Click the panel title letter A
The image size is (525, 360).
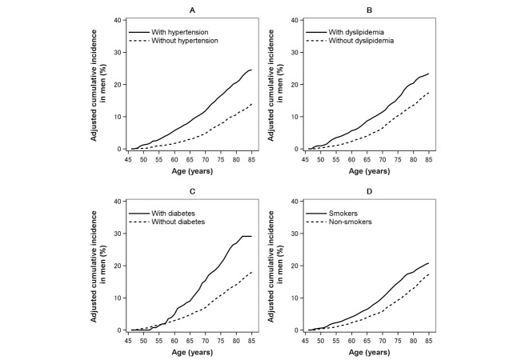pyautogui.click(x=192, y=10)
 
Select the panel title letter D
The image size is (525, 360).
pyautogui.click(x=369, y=191)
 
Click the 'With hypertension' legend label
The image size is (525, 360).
pyautogui.click(x=180, y=32)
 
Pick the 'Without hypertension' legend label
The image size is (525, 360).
pyautogui.click(x=185, y=41)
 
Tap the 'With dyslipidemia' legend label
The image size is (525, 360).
pyautogui.click(x=356, y=32)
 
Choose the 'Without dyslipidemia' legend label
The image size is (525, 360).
pyautogui.click(x=361, y=41)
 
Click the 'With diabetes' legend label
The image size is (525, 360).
pyautogui.click(x=174, y=213)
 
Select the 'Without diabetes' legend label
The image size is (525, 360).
pyautogui.click(x=178, y=222)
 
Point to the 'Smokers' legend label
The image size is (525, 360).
pyautogui.click(x=343, y=213)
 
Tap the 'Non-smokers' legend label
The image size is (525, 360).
pyautogui.click(x=351, y=222)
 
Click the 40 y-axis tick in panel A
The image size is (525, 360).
pyautogui.click(x=117, y=20)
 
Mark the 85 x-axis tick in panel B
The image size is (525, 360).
pyautogui.click(x=429, y=160)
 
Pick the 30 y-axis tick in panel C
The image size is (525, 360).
pyautogui.click(x=117, y=233)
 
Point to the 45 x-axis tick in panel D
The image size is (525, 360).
pyautogui.click(x=305, y=341)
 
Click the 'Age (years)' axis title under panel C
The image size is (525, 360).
pyautogui.click(x=192, y=352)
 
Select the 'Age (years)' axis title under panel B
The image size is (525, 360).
pyautogui.click(x=369, y=171)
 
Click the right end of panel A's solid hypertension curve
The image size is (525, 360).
pyautogui.click(x=251, y=70)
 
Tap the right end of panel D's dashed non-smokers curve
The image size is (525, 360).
pyautogui.click(x=429, y=274)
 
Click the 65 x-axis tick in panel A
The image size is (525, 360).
pyautogui.click(x=190, y=160)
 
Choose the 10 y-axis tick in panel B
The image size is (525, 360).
pyautogui.click(x=295, y=117)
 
